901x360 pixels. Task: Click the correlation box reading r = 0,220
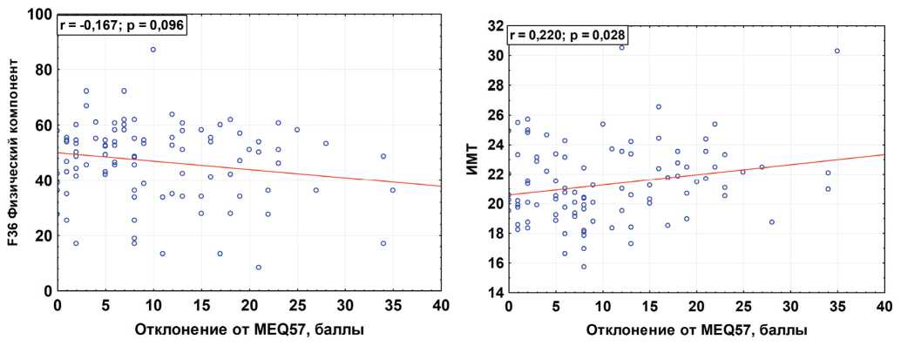[566, 36]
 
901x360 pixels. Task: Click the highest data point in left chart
[152, 50]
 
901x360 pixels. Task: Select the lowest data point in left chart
[258, 268]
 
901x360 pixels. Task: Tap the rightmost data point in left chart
[392, 190]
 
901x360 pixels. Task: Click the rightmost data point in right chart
[837, 51]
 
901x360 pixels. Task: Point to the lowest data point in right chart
[584, 267]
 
